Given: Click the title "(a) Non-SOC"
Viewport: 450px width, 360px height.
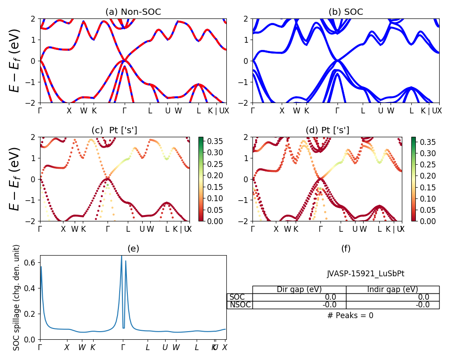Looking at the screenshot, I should (133, 12).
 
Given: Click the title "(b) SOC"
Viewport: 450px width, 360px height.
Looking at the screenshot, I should (346, 12).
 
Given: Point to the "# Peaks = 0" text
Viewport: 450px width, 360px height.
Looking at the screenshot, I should (350, 315).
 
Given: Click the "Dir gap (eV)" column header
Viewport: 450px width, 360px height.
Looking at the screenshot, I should (299, 289).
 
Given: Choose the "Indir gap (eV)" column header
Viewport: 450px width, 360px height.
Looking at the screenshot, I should (392, 289).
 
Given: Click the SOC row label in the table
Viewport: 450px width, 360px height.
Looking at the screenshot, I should (237, 297).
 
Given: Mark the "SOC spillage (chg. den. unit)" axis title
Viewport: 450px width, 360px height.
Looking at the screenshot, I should (17, 297).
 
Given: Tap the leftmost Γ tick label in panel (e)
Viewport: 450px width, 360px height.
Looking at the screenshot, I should (40, 347).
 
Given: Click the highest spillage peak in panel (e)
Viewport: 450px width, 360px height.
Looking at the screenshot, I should (121, 256).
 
